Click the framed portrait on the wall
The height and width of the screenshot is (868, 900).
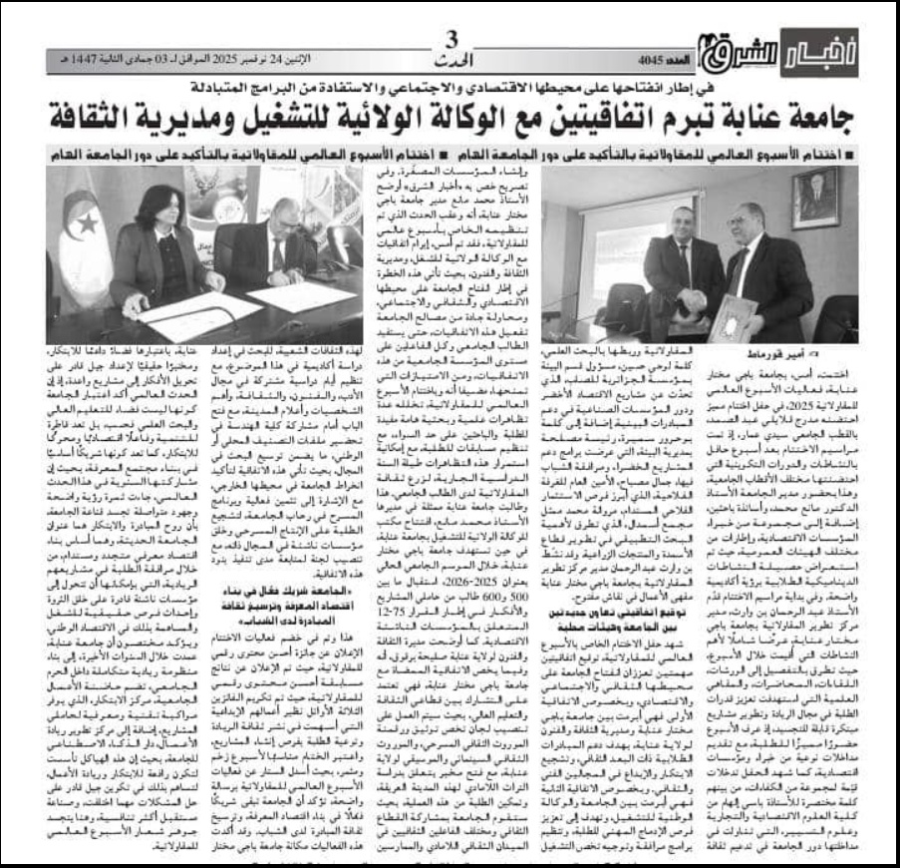point(814,197)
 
